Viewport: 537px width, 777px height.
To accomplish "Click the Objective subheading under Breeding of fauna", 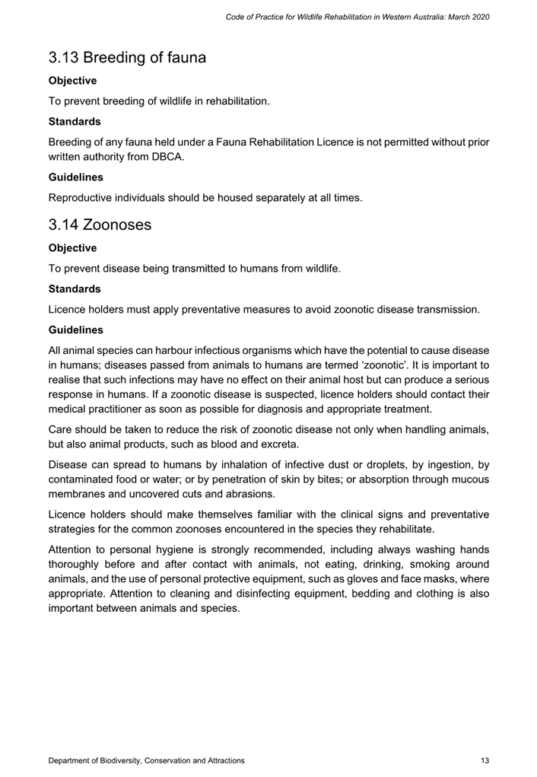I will click(x=72, y=80).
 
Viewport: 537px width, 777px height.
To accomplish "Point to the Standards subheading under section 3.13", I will click(x=75, y=121).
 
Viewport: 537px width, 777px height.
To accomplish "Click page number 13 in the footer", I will click(x=485, y=760).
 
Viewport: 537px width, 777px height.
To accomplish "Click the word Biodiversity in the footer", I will click(x=121, y=760).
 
